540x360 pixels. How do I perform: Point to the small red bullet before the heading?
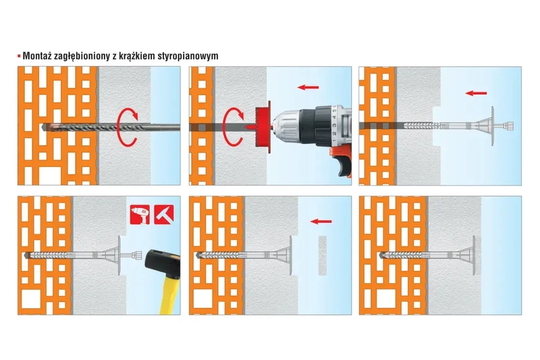click(x=19, y=56)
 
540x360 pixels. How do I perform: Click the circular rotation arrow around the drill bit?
click(x=128, y=126)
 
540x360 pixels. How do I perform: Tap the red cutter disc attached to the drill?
click(x=261, y=126)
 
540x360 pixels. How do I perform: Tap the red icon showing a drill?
click(x=139, y=214)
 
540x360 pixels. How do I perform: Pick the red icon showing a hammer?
click(x=164, y=214)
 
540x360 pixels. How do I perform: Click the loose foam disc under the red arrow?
click(x=321, y=255)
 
